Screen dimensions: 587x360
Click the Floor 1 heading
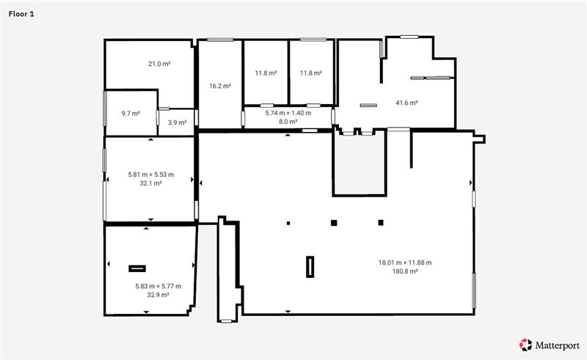(21, 14)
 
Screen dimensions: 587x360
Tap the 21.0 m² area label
(159, 64)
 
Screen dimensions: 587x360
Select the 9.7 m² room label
(131, 113)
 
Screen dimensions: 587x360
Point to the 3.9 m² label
(177, 122)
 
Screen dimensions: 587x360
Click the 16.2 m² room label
(220, 86)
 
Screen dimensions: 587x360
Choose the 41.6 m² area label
(406, 103)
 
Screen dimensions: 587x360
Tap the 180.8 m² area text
(405, 271)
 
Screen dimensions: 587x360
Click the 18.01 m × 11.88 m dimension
(405, 262)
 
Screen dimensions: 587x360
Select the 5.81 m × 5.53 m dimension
(151, 175)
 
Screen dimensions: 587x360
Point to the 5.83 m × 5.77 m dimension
(158, 286)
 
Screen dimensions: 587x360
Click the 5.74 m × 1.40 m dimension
(288, 113)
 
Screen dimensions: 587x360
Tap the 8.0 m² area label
(288, 122)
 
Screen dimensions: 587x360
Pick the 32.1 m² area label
(151, 183)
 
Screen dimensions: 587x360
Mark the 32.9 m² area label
(158, 295)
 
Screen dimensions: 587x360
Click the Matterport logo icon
(525, 345)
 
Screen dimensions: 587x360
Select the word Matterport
(558, 345)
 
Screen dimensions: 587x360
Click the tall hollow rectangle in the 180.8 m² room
(310, 267)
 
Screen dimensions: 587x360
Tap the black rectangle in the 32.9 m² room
(137, 268)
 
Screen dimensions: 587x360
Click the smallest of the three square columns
(288, 223)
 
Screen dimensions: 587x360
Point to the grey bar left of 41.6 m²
(368, 105)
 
